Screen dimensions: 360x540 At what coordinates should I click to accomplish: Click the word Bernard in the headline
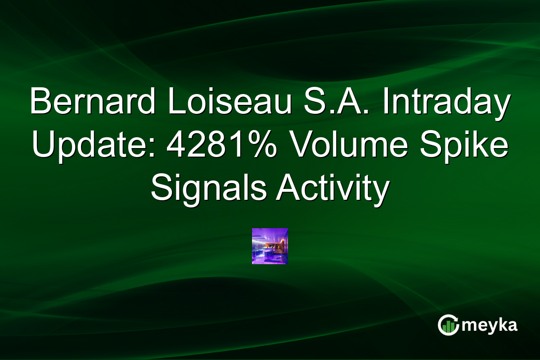pyautogui.click(x=90, y=102)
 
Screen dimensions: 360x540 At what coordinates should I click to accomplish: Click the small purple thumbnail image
pyautogui.click(x=270, y=246)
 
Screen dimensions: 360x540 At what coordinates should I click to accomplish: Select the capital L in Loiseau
pyautogui.click(x=174, y=102)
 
